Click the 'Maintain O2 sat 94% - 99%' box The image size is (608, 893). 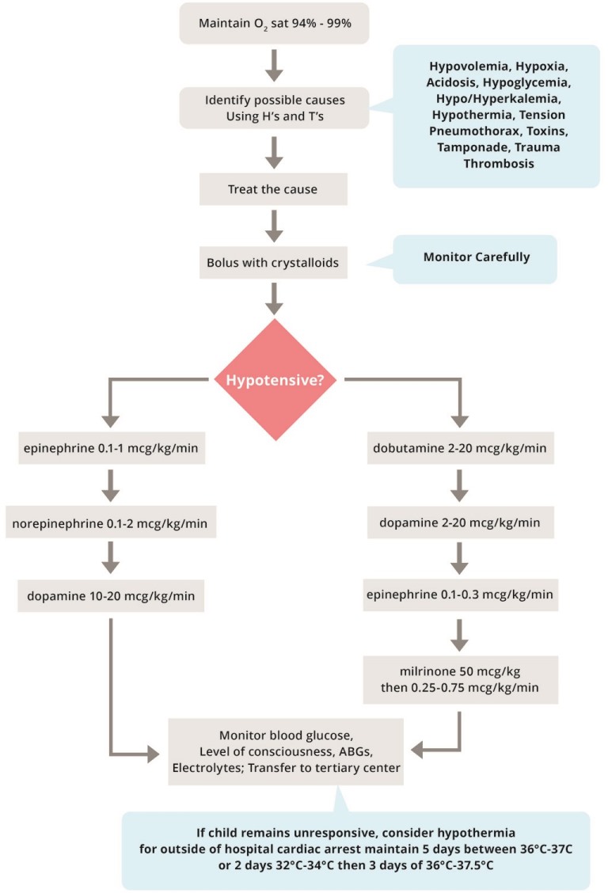tap(274, 25)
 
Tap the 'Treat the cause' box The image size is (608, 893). tap(274, 190)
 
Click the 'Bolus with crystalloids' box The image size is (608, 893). tap(274, 262)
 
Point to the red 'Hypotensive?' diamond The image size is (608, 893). tap(274, 379)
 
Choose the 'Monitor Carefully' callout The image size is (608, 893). tap(477, 258)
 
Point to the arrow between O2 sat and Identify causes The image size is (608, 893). tap(274, 65)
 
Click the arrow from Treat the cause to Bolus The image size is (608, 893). tap(274, 226)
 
